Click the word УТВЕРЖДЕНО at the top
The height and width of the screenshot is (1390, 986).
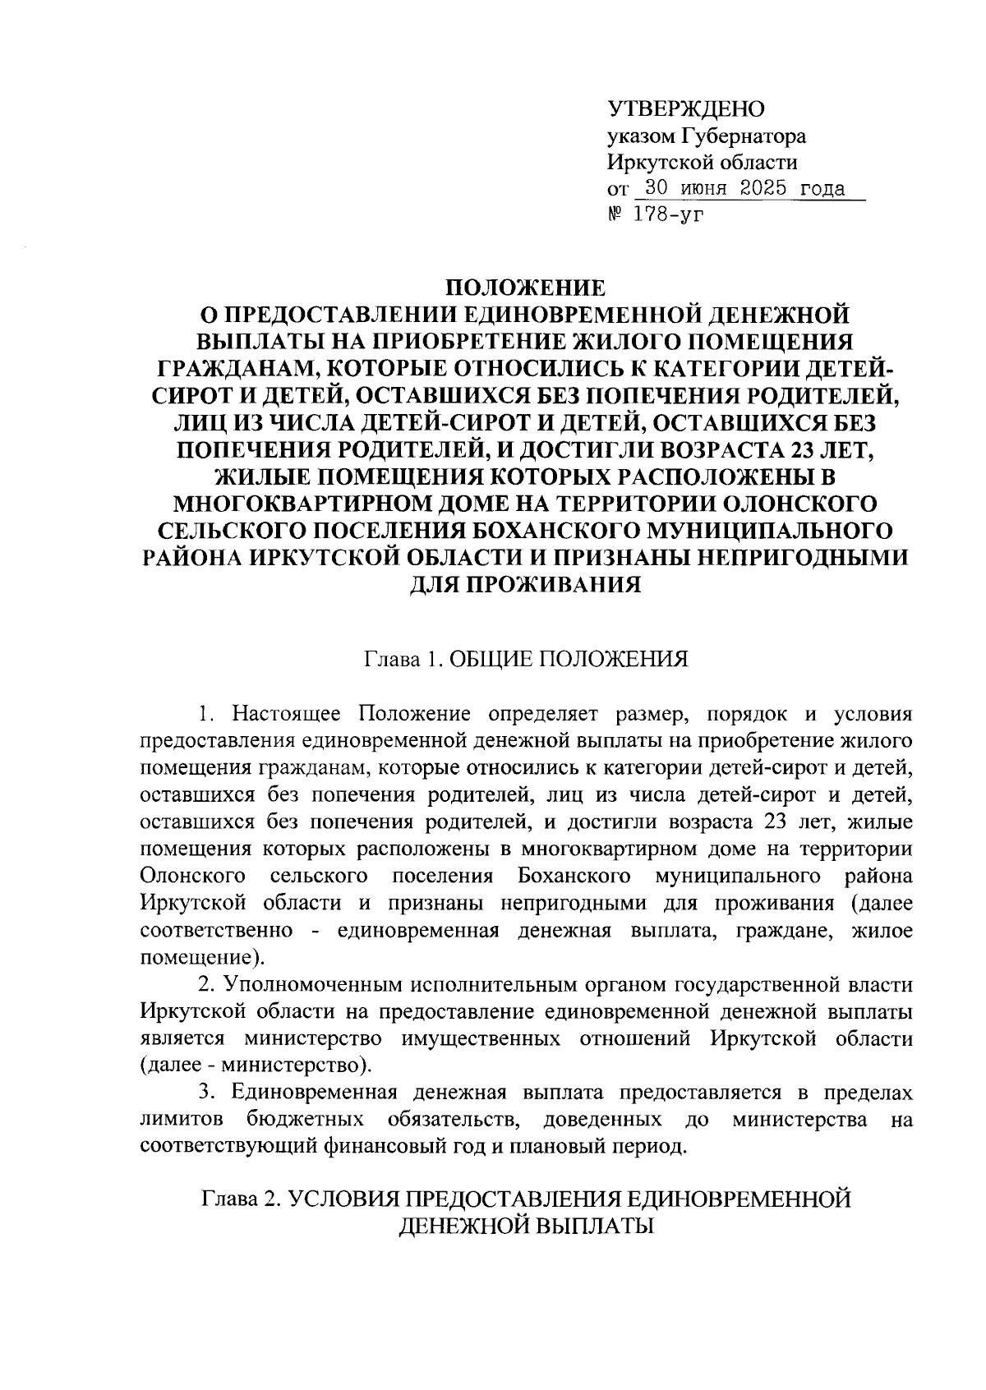685,109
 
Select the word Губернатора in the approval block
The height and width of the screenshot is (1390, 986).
744,136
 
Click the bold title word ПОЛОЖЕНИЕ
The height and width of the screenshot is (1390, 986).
525,288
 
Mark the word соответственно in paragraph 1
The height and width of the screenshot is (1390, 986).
217,931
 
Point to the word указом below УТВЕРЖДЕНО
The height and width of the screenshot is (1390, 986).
641,136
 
